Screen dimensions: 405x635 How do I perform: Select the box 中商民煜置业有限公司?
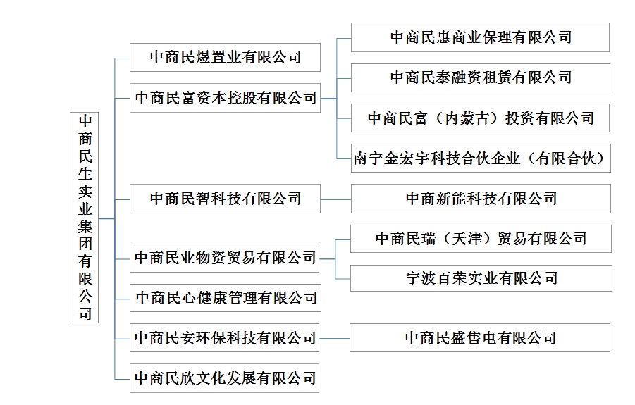point(225,57)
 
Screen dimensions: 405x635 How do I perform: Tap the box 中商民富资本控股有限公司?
point(225,98)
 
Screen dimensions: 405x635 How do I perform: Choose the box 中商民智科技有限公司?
point(225,199)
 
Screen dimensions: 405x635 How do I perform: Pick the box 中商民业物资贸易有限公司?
point(225,258)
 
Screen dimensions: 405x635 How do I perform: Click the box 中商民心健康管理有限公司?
point(225,298)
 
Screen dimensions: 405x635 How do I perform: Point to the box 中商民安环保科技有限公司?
point(225,338)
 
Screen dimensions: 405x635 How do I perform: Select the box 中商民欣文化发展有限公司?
point(225,378)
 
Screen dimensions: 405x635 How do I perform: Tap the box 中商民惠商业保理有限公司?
point(480,37)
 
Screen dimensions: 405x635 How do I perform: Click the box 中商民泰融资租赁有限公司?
point(480,77)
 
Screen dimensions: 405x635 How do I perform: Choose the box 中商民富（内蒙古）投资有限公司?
point(481,118)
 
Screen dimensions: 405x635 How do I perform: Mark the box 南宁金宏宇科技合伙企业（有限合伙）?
point(481,158)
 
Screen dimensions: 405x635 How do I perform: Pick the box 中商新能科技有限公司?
point(481,199)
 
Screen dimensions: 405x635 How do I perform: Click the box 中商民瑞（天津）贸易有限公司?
point(481,239)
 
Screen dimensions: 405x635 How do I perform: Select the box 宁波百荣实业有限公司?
point(481,278)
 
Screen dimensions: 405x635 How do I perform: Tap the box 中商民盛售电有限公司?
point(480,338)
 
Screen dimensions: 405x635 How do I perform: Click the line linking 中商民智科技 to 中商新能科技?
point(335,199)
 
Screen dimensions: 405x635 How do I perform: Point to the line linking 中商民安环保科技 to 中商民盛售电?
point(334,338)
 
